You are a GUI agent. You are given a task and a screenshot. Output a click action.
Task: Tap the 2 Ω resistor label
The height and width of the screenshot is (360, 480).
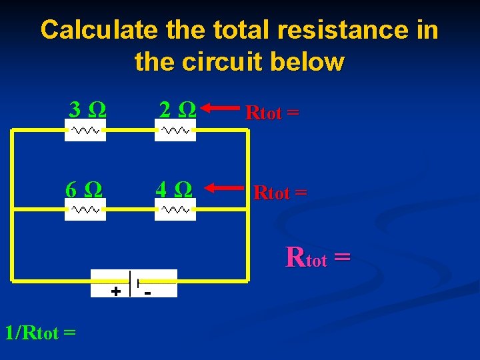click(177, 109)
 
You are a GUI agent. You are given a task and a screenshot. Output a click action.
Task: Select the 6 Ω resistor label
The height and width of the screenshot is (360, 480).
click(85, 189)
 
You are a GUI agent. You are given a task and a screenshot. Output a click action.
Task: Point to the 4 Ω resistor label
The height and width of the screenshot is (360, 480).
click(175, 189)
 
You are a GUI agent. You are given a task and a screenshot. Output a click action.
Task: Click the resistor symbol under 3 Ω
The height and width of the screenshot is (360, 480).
click(85, 131)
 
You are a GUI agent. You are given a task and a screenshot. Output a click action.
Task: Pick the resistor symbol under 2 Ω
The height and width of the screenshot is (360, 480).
click(175, 131)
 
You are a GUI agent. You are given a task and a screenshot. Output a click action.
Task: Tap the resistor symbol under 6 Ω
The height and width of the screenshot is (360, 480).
click(85, 209)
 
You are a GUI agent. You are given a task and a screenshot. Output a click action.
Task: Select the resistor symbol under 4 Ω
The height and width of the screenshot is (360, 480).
click(175, 209)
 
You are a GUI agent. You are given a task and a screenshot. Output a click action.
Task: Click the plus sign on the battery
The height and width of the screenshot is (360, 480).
click(115, 291)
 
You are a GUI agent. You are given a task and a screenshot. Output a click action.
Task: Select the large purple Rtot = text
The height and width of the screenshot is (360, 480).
click(318, 257)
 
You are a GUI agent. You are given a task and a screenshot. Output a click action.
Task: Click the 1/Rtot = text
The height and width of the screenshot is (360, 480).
click(40, 331)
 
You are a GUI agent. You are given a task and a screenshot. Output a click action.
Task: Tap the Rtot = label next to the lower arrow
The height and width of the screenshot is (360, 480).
click(281, 193)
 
